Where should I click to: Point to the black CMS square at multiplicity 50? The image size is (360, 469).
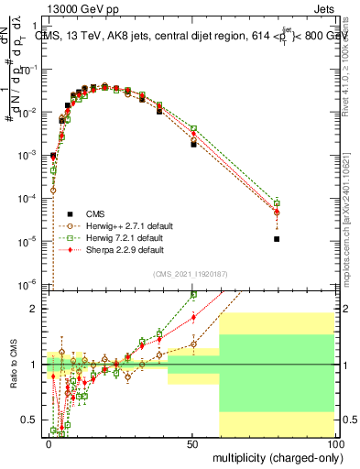click(x=193, y=144)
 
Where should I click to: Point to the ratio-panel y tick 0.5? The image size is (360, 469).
click(x=36, y=420)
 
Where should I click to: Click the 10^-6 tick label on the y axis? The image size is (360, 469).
click(x=32, y=283)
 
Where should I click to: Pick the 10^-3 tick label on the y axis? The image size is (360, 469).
click(x=32, y=155)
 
